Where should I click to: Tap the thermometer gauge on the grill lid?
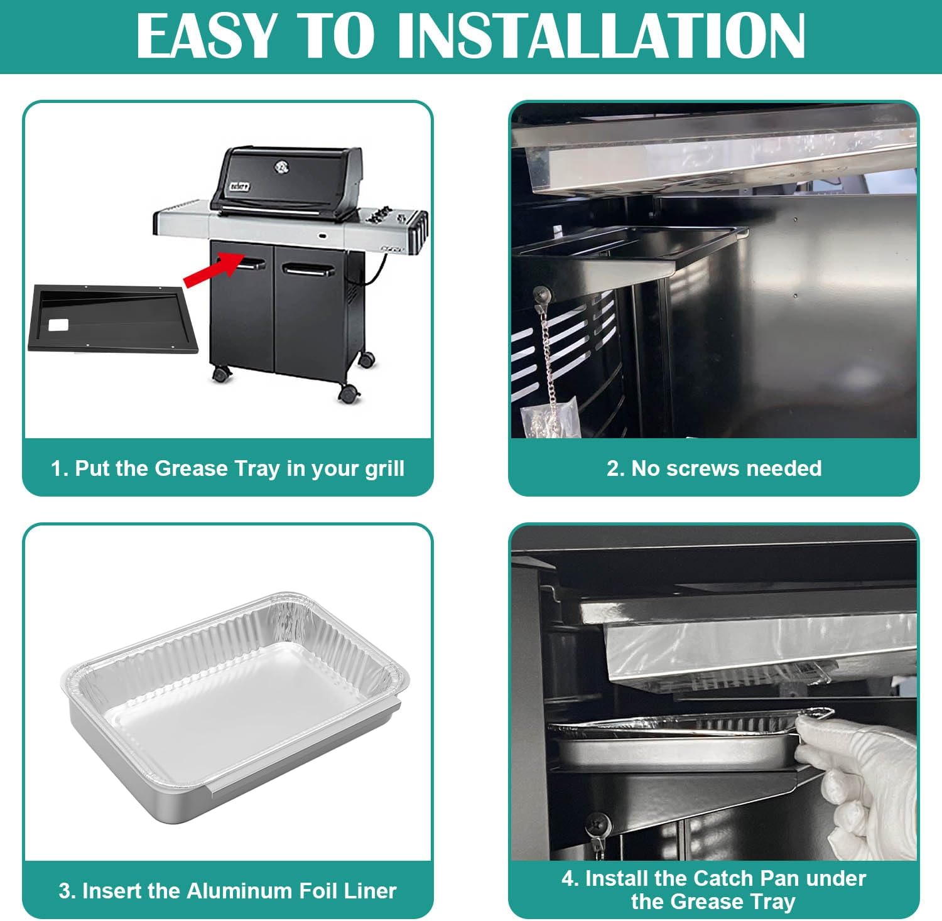[281, 166]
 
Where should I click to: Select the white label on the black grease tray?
[58, 325]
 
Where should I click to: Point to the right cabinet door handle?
[308, 270]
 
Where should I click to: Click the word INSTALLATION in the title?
[601, 36]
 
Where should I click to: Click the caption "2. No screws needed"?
[713, 468]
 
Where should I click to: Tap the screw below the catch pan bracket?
[597, 822]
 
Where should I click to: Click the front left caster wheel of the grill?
[221, 374]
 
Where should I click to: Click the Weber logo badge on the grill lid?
[239, 186]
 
